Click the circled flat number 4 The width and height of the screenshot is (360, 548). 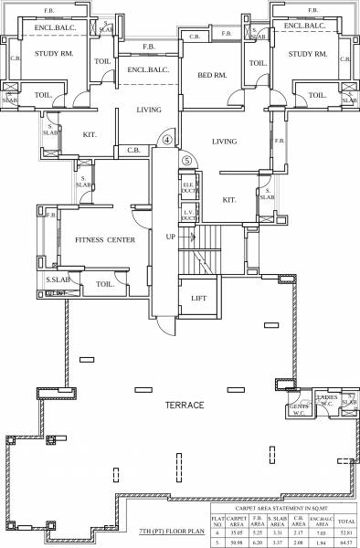click(x=167, y=141)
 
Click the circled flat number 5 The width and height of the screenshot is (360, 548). click(x=187, y=159)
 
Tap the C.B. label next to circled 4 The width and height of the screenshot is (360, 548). click(x=132, y=150)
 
